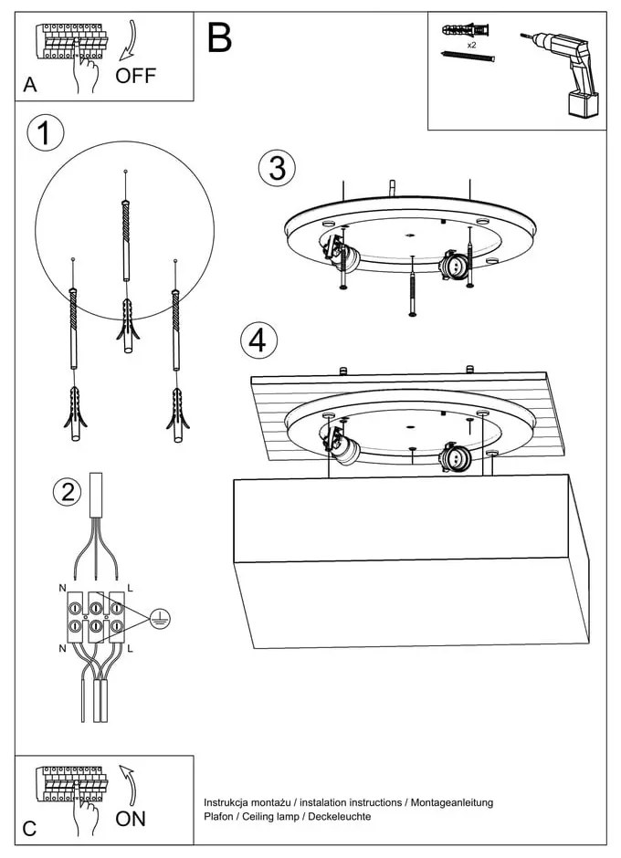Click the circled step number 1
coord(45,134)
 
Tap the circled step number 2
coord(66,492)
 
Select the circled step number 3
coord(278,168)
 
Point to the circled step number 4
coord(258,340)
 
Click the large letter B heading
coord(219,37)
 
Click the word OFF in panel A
coord(136,76)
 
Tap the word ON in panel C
coord(131,819)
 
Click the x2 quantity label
coord(471,44)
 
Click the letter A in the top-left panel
coord(30,86)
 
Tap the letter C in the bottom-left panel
coord(30,829)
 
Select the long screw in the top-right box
coord(468,58)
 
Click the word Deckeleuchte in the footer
coord(340,816)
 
